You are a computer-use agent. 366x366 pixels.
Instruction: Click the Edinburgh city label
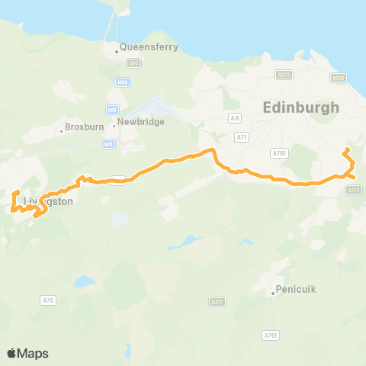pyautogui.click(x=300, y=108)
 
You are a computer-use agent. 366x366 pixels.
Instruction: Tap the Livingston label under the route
pyautogui.click(x=48, y=202)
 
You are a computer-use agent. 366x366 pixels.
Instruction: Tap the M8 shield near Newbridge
pyautogui.click(x=109, y=142)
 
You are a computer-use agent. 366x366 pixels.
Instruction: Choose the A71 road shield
pyautogui.click(x=242, y=136)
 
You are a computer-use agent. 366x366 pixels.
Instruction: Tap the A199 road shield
pyautogui.click(x=339, y=77)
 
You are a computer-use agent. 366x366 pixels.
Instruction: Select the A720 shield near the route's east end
pyautogui.click(x=352, y=189)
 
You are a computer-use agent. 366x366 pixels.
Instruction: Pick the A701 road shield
pyautogui.click(x=270, y=335)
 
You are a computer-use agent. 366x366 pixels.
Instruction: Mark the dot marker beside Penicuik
pyautogui.click(x=273, y=293)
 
